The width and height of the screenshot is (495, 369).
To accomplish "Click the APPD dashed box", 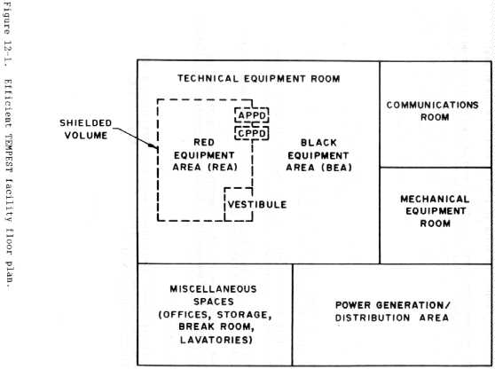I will [250, 115].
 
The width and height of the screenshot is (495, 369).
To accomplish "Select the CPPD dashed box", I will [250, 132].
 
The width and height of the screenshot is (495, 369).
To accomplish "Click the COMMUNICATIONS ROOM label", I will [432, 111].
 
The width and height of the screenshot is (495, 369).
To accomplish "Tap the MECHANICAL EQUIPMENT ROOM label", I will [433, 212].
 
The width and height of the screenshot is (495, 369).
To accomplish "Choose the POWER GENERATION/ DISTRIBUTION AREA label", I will [393, 312].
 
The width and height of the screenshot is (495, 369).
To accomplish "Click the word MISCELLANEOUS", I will [216, 290].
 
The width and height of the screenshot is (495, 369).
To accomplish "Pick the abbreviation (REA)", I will [233, 168].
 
